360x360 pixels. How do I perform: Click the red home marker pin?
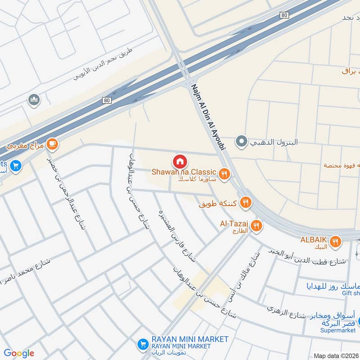pyautogui.click(x=179, y=161)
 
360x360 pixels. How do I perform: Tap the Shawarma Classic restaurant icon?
pyautogui.click(x=224, y=173)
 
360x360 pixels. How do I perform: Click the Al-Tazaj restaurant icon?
pyautogui.click(x=256, y=225)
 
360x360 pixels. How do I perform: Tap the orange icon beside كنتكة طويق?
pyautogui.click(x=245, y=202)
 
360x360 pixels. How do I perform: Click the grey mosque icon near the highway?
pyautogui.click(x=34, y=100)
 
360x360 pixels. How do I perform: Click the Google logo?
pyautogui.click(x=19, y=353)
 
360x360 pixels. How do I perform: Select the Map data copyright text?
pyautogui.click(x=336, y=355)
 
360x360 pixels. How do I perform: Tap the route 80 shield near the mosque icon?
pyautogui.click(x=106, y=100)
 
